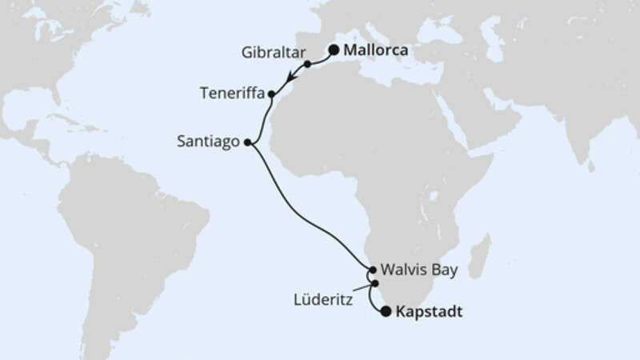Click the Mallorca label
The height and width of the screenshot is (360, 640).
[376, 50]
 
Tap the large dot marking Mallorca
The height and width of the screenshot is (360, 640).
[334, 49]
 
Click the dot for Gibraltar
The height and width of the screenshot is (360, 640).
[307, 63]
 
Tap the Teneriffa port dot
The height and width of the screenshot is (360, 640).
[272, 94]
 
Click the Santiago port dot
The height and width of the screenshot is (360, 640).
[247, 143]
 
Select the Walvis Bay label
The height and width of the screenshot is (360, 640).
[420, 270]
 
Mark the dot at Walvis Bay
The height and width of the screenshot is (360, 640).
[373, 270]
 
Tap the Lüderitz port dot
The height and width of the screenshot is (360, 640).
[374, 282]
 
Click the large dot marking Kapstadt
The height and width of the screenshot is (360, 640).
[387, 312]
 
